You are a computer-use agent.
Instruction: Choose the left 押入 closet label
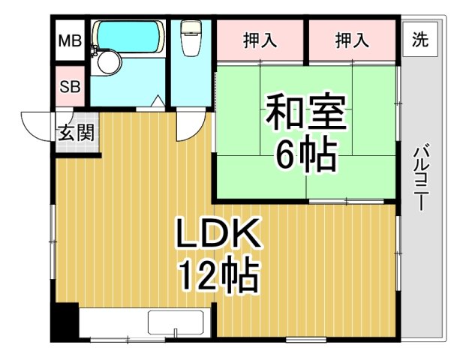[260, 40]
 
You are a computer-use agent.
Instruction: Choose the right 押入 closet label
[352, 40]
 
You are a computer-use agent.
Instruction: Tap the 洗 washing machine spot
[420, 39]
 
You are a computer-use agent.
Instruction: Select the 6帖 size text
[305, 154]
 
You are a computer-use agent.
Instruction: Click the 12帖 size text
[218, 277]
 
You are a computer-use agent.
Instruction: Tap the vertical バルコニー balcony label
[421, 177]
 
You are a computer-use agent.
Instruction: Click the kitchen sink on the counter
[176, 322]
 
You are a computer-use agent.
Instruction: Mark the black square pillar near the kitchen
[66, 322]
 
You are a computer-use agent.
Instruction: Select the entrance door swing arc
[36, 124]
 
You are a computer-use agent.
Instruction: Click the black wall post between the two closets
[306, 42]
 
